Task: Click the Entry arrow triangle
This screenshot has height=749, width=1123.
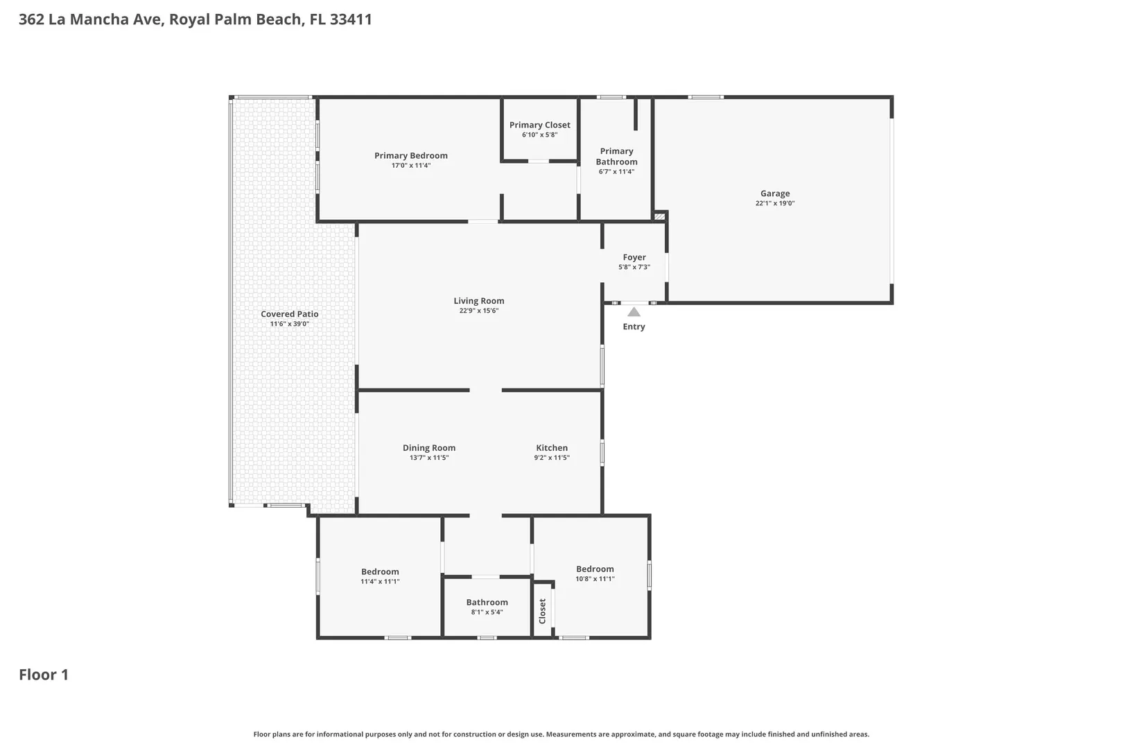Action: click(634, 312)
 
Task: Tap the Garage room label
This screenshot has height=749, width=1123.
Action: click(774, 193)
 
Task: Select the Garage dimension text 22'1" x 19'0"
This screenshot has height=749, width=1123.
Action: click(774, 203)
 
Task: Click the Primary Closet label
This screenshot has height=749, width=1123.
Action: click(539, 125)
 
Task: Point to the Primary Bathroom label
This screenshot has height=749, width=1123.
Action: click(616, 157)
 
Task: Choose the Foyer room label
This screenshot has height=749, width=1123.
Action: click(634, 257)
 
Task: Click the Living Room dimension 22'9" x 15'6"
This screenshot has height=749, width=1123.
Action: click(479, 311)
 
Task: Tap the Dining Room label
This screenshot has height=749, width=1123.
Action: click(428, 448)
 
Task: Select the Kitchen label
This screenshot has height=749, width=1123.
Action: click(552, 448)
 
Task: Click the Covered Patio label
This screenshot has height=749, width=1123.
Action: click(289, 314)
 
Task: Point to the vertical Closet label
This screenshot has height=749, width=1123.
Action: click(542, 611)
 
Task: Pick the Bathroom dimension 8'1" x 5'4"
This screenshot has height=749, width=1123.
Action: click(487, 612)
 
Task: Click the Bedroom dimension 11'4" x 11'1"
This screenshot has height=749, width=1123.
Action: click(380, 581)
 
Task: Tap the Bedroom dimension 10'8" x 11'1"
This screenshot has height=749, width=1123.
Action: click(595, 578)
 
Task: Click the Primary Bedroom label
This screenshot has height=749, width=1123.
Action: click(410, 155)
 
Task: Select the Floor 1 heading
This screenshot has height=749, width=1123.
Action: click(44, 675)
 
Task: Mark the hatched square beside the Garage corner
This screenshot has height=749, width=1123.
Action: click(660, 216)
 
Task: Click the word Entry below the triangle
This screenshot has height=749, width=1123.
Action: click(634, 327)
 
